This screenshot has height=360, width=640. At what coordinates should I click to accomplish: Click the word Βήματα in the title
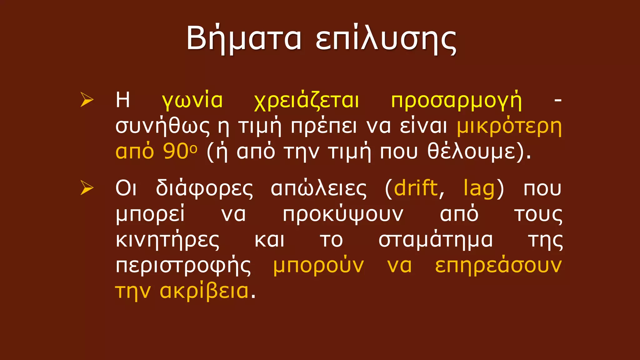244,39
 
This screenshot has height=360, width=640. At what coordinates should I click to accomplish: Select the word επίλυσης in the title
386,39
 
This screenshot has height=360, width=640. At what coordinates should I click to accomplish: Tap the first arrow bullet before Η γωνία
87,100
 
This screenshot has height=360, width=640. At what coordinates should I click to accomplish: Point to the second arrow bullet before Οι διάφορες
87,188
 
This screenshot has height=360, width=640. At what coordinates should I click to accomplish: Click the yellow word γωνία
192,101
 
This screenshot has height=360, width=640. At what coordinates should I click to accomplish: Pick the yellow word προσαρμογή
456,101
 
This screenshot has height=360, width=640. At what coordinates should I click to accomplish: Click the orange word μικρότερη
509,127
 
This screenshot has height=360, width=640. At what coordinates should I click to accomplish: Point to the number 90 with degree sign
180,152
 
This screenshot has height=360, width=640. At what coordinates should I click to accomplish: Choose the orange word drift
416,188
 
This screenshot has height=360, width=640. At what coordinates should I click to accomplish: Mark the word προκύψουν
343,215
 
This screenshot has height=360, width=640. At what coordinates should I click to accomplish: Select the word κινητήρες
167,241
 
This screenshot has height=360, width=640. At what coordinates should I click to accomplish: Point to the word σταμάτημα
436,241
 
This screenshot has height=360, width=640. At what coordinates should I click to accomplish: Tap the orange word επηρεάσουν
498,266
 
